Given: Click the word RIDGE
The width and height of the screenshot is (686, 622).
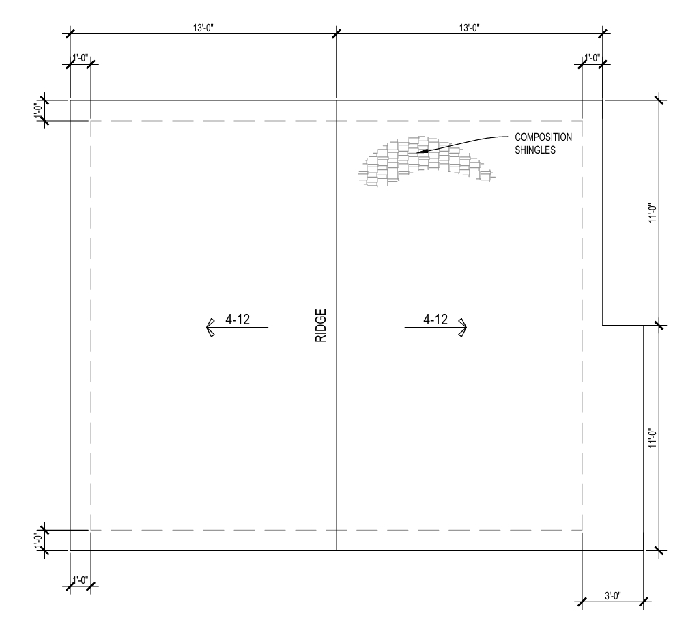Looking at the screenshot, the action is (x=321, y=326).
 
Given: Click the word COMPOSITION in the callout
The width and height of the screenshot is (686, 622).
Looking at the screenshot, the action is (x=543, y=137).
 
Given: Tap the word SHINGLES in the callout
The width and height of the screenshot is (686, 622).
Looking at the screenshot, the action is (x=535, y=150).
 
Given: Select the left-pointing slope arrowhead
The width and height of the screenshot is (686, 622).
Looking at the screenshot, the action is (x=210, y=328).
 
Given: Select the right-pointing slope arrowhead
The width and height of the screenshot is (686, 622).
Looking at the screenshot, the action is (x=462, y=328).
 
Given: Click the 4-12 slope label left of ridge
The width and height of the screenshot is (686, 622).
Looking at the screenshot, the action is (x=238, y=320).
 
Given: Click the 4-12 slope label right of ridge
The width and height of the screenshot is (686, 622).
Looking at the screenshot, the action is (x=435, y=320).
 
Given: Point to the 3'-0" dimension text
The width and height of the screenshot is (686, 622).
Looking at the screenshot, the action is (x=612, y=596).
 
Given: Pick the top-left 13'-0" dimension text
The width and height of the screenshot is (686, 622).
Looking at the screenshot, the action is (x=203, y=28).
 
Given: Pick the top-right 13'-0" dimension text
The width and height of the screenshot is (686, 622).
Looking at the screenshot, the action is (x=469, y=28).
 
